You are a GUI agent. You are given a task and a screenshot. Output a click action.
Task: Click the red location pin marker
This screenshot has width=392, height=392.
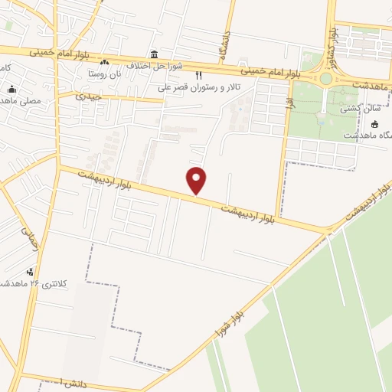197,179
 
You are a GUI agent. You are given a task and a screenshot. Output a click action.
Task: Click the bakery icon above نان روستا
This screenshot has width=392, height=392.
105,62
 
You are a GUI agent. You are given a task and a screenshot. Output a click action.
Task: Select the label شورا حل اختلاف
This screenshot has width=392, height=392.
155,66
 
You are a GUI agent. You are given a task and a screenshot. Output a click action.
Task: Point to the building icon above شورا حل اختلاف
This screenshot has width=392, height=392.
155,54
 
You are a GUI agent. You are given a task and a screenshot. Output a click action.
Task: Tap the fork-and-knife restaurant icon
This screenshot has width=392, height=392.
199,76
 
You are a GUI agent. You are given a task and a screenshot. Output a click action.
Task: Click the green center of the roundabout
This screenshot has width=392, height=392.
327,78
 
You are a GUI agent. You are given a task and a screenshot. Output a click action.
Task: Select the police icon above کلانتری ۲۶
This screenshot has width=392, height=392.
30,271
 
